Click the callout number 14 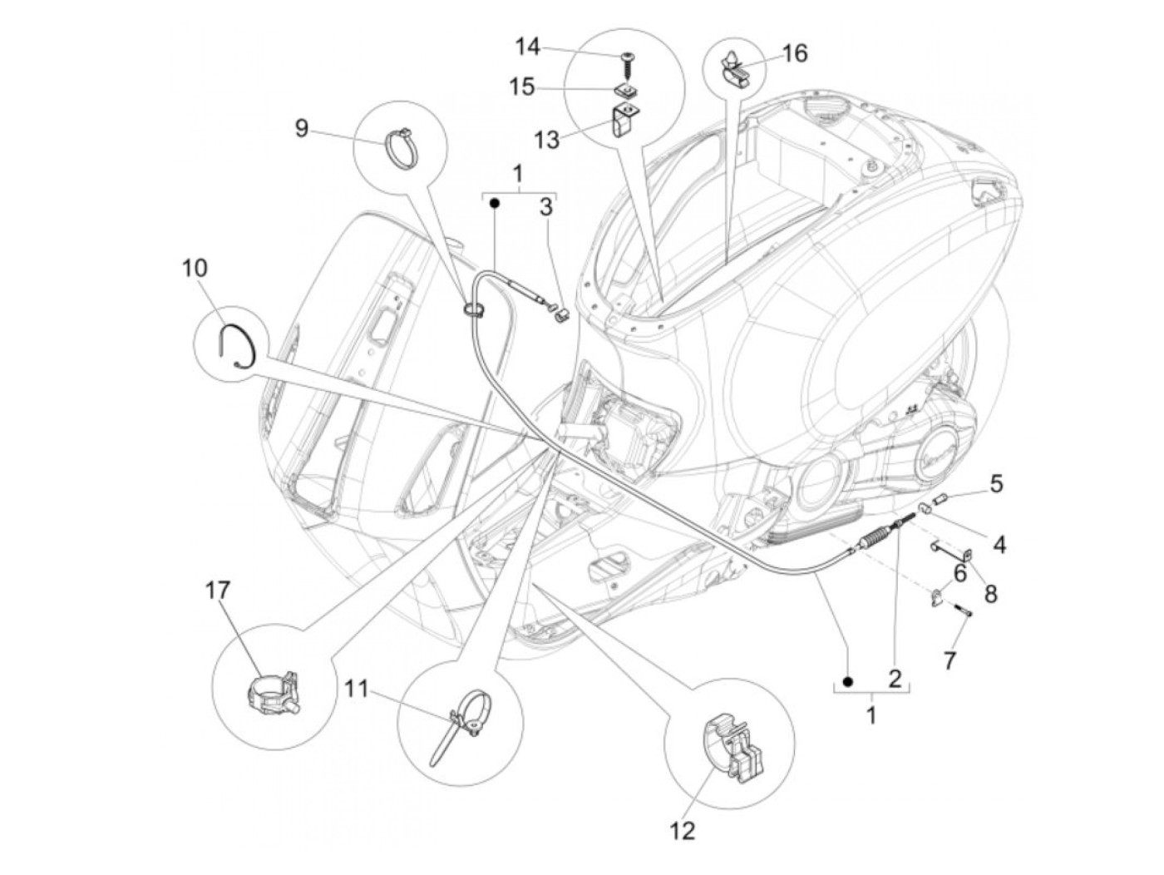526,47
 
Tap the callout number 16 794,53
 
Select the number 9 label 301,128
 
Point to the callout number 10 195,269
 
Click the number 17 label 218,591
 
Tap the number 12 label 683,830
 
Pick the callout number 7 949,661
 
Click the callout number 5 995,483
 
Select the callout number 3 545,207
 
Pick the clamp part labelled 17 274,690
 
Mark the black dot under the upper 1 494,203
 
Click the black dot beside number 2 847,682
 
